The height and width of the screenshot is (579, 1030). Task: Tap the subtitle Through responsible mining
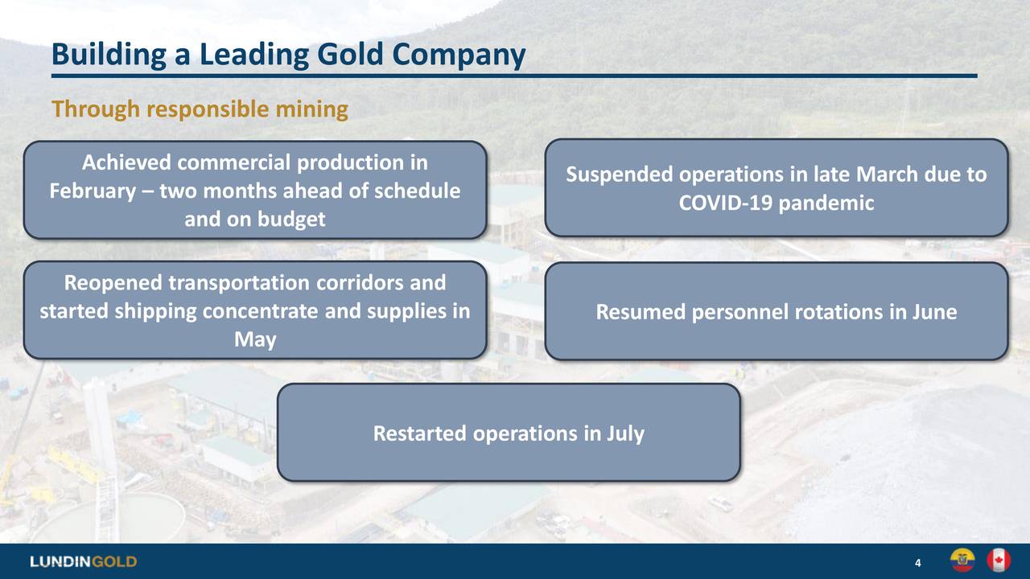(x=200, y=109)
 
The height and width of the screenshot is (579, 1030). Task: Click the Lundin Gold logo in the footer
(x=84, y=561)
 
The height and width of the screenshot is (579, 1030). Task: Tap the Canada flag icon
(x=998, y=561)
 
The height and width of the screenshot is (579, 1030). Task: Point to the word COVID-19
(x=715, y=203)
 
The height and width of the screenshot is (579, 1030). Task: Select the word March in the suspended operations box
(x=886, y=175)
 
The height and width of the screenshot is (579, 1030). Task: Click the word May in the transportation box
(x=255, y=340)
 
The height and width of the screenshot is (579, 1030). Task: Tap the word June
(x=934, y=312)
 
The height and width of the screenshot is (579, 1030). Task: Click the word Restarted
(x=420, y=434)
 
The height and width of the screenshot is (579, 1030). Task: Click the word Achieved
(x=127, y=163)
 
